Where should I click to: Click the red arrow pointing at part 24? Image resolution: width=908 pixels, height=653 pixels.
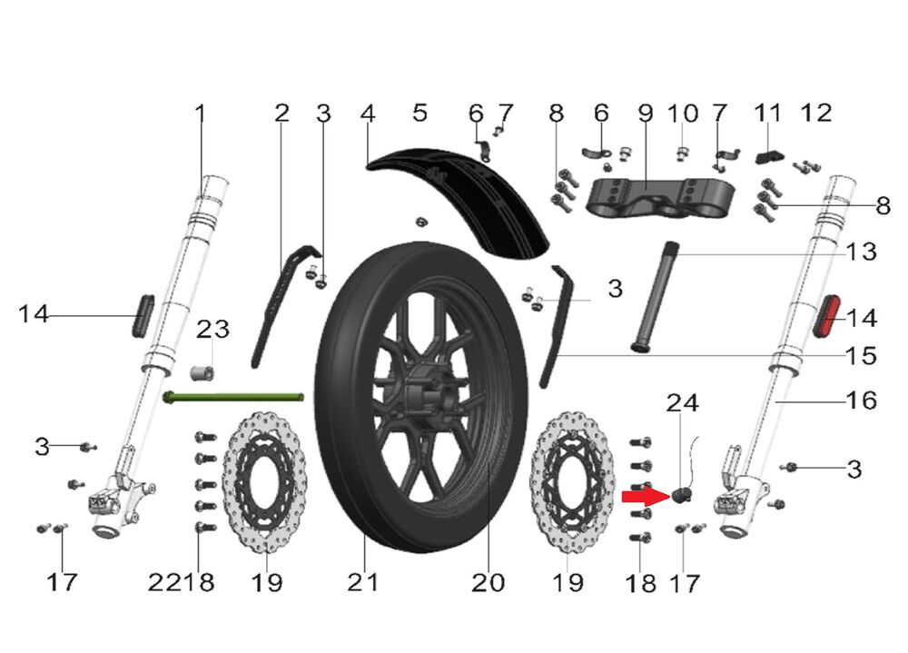tap(645, 497)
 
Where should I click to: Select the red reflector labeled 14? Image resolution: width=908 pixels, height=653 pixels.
tap(829, 316)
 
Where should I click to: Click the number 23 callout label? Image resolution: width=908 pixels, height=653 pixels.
tap(214, 329)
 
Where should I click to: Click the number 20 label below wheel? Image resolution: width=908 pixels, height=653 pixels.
tap(488, 582)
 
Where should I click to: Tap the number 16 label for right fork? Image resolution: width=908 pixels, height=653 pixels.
tap(861, 400)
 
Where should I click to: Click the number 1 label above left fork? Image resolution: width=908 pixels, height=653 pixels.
tap(201, 114)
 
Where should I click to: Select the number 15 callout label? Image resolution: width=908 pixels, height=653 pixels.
tap(861, 355)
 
